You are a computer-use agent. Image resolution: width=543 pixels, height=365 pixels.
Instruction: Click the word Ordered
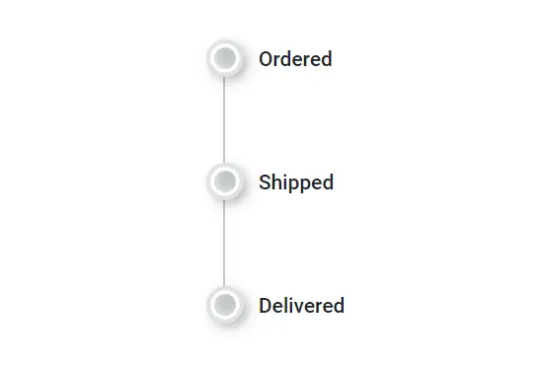coord(295,59)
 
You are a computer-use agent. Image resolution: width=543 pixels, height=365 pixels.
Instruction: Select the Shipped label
coord(296,182)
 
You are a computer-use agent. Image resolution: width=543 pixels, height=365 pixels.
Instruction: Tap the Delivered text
coord(301,306)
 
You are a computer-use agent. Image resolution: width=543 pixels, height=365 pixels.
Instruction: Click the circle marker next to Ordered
coord(225,58)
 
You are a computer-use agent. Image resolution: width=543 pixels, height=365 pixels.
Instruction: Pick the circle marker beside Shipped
coord(225,182)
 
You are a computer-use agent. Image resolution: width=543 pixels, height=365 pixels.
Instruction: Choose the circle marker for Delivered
coord(225,305)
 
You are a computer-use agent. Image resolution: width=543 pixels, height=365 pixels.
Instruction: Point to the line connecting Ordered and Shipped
coord(225,119)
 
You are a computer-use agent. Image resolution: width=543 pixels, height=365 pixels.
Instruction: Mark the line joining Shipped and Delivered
coord(225,243)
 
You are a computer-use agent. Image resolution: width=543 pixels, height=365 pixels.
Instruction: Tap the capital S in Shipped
coord(265,182)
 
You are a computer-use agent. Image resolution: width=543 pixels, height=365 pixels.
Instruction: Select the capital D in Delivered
coord(266,306)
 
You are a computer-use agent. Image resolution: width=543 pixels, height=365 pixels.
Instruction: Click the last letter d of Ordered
coord(326,59)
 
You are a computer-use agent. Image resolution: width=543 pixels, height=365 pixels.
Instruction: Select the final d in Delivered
coord(339,306)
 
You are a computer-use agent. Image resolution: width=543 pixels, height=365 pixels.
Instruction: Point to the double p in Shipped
coord(299,184)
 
